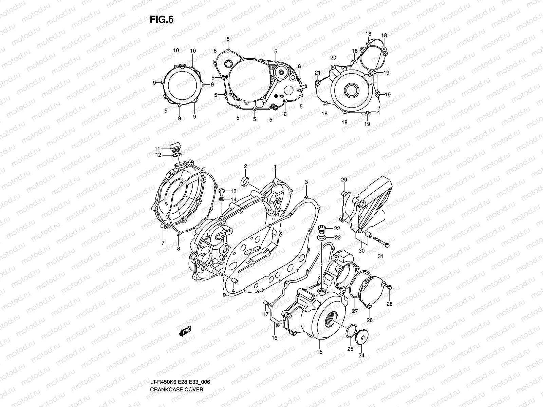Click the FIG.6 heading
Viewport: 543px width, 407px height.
coord(162,20)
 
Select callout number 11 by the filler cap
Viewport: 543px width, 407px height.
coord(157,149)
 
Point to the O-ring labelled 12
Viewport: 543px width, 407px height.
coord(176,155)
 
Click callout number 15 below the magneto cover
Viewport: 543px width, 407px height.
coord(319,352)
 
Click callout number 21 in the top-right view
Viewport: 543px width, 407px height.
coord(317,73)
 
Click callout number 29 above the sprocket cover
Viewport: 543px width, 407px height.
coord(344,179)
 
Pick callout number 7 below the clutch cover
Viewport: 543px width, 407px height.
coord(163,243)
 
